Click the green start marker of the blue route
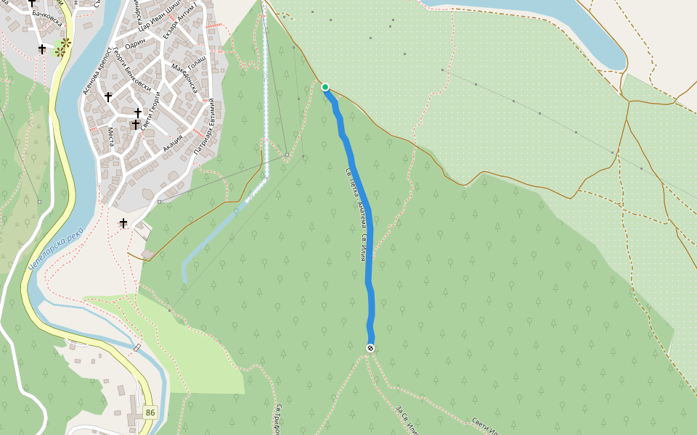click(x=325, y=87)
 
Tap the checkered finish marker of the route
click(x=370, y=349)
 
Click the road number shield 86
click(x=150, y=412)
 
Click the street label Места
click(x=111, y=136)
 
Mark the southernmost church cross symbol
click(x=123, y=223)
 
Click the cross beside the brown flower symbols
click(x=42, y=49)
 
